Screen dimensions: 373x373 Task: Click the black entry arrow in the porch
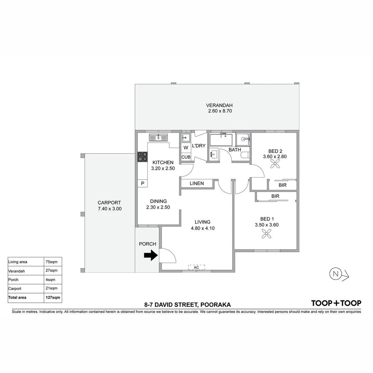(x=150, y=256)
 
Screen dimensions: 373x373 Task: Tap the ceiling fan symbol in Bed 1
(x=266, y=235)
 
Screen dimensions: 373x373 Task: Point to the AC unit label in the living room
(x=197, y=267)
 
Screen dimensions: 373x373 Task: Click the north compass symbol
(x=335, y=274)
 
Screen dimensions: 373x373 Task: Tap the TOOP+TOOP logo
(x=336, y=303)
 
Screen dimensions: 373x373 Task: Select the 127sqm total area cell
(x=53, y=297)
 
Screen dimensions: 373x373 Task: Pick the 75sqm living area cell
(x=53, y=262)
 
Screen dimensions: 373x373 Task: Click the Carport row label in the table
(x=26, y=288)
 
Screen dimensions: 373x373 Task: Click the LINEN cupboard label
(x=197, y=183)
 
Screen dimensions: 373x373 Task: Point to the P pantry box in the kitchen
(x=142, y=183)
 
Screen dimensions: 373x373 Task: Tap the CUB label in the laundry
(x=186, y=157)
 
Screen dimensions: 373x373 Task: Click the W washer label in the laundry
(x=186, y=148)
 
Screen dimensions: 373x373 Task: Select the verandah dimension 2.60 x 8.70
(x=219, y=111)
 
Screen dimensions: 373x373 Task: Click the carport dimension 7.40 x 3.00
(x=109, y=209)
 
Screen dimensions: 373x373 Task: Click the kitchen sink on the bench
(x=158, y=138)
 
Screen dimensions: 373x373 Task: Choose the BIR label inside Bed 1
(x=275, y=196)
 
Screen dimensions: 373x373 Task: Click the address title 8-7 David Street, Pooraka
(x=188, y=305)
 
